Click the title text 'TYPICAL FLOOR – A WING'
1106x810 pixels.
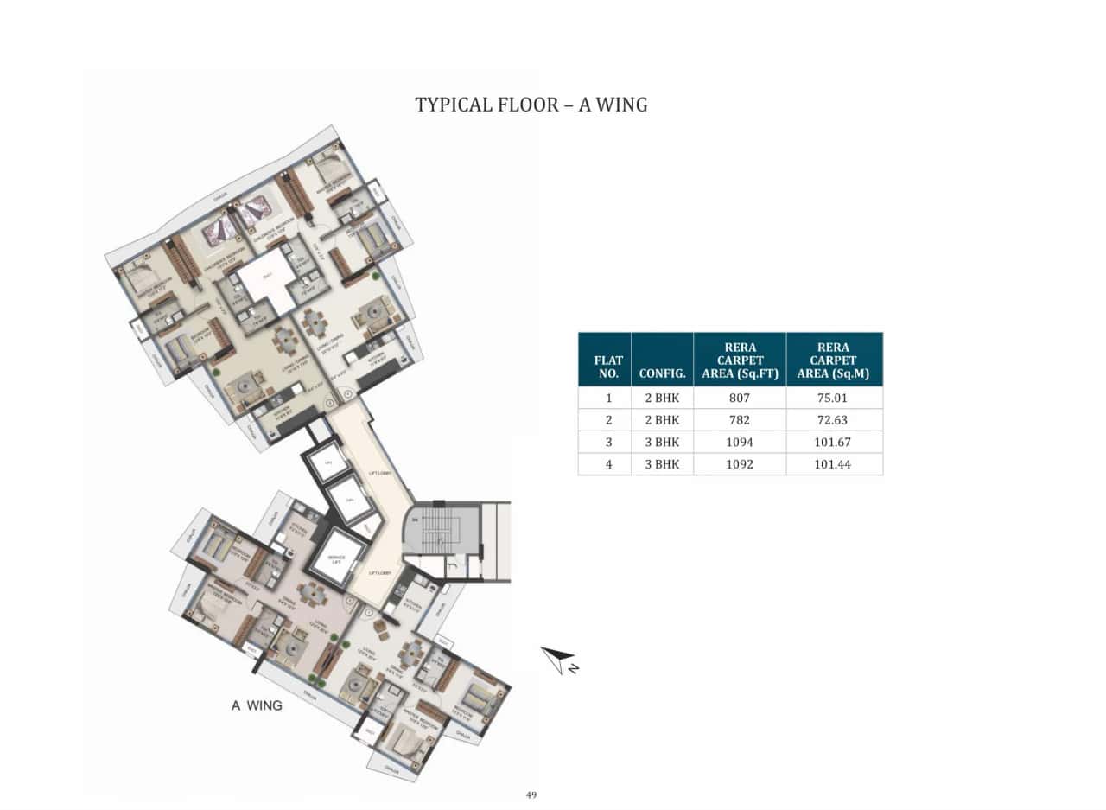[531, 105]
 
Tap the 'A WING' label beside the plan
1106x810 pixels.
[257, 705]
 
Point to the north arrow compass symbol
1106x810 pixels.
[559, 660]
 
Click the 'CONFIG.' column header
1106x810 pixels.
[663, 374]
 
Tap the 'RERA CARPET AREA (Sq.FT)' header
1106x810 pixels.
[740, 360]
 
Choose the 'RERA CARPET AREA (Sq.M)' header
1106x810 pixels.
[834, 360]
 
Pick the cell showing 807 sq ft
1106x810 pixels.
[740, 399]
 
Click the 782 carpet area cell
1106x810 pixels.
[740, 420]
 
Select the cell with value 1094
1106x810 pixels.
[740, 442]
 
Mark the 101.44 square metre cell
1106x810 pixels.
[834, 464]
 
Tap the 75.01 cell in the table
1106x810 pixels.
[834, 399]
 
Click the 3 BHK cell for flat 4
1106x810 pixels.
[663, 464]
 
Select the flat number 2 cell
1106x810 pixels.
[608, 420]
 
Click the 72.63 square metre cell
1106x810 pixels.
[834, 420]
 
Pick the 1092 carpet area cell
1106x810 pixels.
[740, 464]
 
